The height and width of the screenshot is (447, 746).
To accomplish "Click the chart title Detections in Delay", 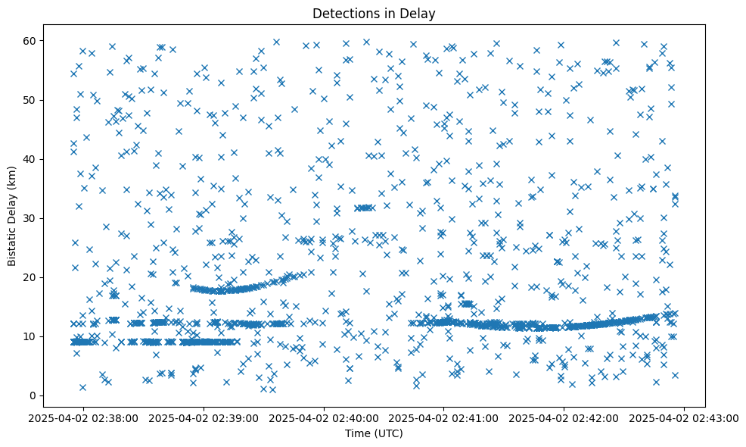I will (x=374, y=13).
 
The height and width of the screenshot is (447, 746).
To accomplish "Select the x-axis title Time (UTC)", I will (x=374, y=433).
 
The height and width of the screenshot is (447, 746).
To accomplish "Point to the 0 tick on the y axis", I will (x=33, y=395).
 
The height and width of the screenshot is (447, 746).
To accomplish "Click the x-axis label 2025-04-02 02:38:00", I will (x=84, y=417).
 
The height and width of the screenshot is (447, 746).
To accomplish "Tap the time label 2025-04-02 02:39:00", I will (x=204, y=417).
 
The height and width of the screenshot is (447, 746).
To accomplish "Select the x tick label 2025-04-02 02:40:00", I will (x=325, y=417).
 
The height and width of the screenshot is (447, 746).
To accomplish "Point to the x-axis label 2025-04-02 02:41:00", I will (x=444, y=417).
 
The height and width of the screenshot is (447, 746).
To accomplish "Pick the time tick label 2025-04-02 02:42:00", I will (x=564, y=417).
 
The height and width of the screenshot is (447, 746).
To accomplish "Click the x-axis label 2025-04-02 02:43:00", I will (x=684, y=417).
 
